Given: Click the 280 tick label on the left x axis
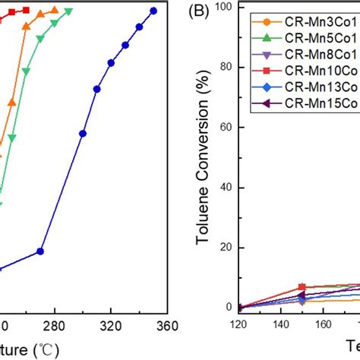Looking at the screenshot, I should (x=55, y=326).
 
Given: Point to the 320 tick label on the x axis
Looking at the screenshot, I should (x=111, y=326).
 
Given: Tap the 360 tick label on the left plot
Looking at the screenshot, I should (x=166, y=326).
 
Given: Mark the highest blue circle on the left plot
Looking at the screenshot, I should (x=153, y=11).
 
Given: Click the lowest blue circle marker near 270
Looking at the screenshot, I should (x=41, y=251).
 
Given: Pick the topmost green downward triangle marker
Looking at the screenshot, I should (x=69, y=11).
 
